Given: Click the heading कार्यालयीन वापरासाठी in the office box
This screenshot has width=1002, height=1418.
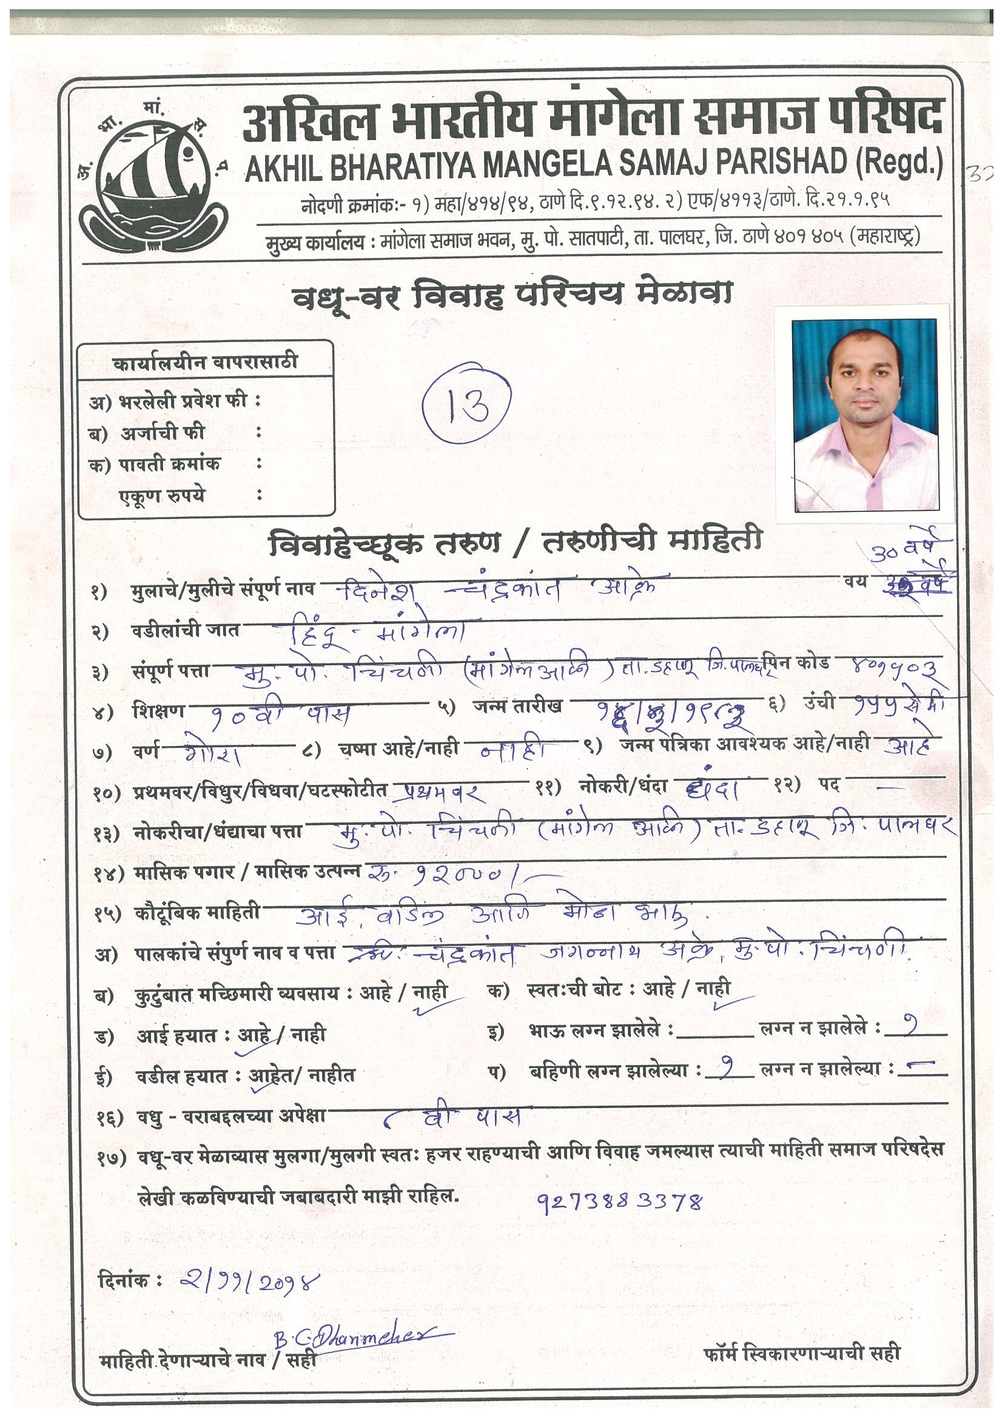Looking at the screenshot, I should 205,362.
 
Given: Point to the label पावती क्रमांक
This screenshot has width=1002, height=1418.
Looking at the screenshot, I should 169,465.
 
